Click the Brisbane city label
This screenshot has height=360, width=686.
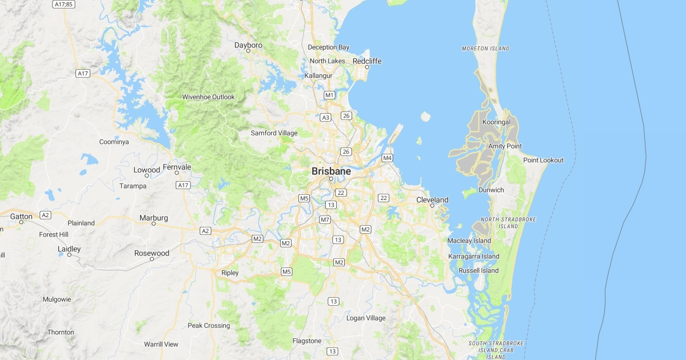tap(331, 171)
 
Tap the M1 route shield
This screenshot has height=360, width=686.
tap(329, 95)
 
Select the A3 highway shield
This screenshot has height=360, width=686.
tap(326, 117)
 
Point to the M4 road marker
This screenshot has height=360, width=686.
tap(387, 158)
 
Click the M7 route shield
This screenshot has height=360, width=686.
tap(325, 219)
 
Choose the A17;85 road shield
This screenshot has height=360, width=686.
tap(63, 4)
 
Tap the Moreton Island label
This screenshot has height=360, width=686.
tap(485, 49)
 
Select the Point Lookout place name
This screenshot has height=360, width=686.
tap(543, 160)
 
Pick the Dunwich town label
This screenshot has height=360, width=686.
tap(491, 190)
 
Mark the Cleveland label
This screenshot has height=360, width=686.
tap(432, 199)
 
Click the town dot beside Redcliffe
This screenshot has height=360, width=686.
tap(367, 67)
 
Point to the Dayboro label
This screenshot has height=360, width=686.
tap(248, 45)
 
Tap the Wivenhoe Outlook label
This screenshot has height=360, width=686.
tap(208, 97)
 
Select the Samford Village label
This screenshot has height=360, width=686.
tap(274, 133)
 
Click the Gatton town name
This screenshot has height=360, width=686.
tap(21, 217)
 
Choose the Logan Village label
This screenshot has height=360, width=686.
tap(366, 318)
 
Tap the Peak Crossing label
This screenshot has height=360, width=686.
tap(209, 326)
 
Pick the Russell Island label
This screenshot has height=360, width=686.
tap(478, 270)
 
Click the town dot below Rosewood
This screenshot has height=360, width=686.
tap(151, 259)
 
